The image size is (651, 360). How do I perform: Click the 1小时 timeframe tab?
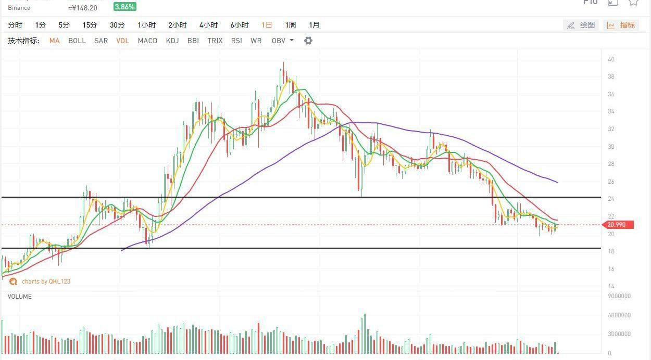[x=147, y=25]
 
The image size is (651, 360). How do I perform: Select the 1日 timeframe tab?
[x=267, y=25]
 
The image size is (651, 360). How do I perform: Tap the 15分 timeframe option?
[x=90, y=25]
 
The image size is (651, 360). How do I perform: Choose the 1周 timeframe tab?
[x=290, y=25]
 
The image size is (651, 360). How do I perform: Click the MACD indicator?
[x=147, y=41]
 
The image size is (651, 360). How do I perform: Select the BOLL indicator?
[x=77, y=41]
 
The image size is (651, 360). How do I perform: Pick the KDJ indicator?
[x=172, y=41]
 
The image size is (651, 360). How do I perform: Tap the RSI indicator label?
[x=236, y=41]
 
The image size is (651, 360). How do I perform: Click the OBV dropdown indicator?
[x=282, y=41]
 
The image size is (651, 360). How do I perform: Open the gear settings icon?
[x=308, y=41]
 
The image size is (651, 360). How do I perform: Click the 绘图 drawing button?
[x=581, y=25]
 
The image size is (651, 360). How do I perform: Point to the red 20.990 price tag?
[x=618, y=225]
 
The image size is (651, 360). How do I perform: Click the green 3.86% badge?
[x=125, y=7]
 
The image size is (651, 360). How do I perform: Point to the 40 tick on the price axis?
[x=611, y=59]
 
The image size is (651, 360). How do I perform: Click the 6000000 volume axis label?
[x=619, y=315]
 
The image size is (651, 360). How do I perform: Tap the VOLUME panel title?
[x=19, y=297]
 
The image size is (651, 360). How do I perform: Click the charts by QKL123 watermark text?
[x=46, y=281]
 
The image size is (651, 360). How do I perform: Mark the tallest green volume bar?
[x=365, y=333]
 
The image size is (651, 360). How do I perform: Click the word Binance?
[x=19, y=8]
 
